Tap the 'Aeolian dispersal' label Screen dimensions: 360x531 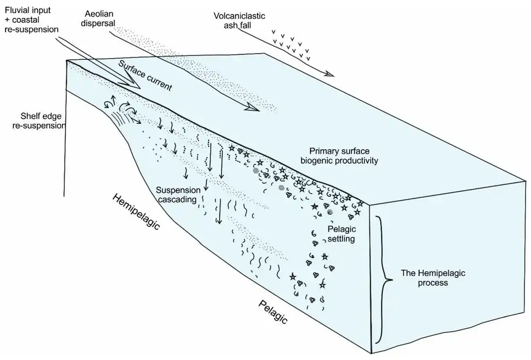pyautogui.click(x=105, y=17)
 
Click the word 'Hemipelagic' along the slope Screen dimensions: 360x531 pyautogui.click(x=136, y=213)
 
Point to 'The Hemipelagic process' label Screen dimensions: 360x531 pyautogui.click(x=425, y=278)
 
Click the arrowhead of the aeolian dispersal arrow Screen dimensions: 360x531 pyautogui.click(x=252, y=109)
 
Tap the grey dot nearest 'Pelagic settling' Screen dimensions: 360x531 pyautogui.click(x=330, y=212)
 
